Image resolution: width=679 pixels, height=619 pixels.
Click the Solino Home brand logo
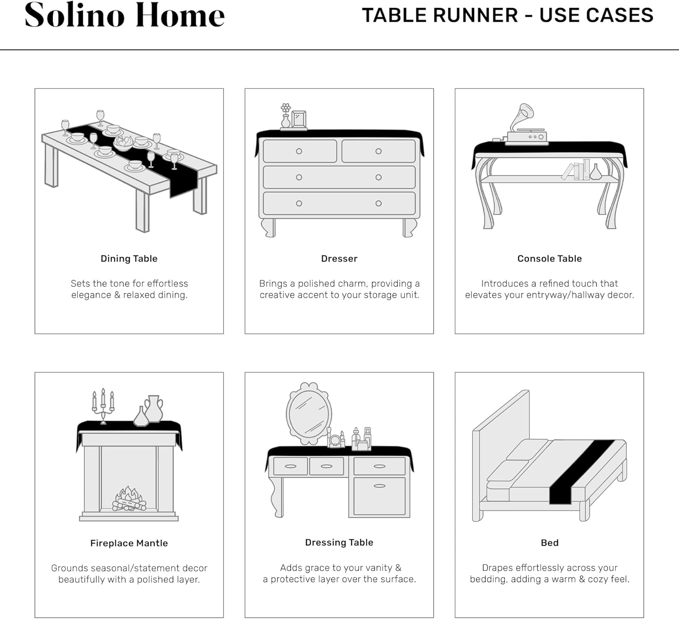pyautogui.click(x=124, y=15)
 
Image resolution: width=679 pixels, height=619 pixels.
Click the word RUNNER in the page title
pyautogui.click(x=475, y=15)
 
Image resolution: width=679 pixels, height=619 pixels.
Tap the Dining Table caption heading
pyautogui.click(x=129, y=259)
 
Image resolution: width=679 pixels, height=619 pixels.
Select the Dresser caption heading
pyautogui.click(x=339, y=259)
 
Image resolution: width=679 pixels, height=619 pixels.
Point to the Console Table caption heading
pyautogui.click(x=549, y=259)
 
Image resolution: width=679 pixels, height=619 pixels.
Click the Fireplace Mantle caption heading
pyautogui.click(x=129, y=543)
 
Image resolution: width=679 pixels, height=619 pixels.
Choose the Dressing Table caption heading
pyautogui.click(x=339, y=542)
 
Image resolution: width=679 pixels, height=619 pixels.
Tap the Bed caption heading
pyautogui.click(x=550, y=542)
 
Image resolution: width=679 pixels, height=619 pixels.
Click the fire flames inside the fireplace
pyautogui.click(x=129, y=498)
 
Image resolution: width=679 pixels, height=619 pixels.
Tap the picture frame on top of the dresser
pyautogui.click(x=299, y=119)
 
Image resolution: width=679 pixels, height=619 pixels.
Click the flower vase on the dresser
pyautogui.click(x=286, y=116)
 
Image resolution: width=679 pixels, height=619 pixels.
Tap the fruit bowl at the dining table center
pyautogui.click(x=123, y=143)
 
